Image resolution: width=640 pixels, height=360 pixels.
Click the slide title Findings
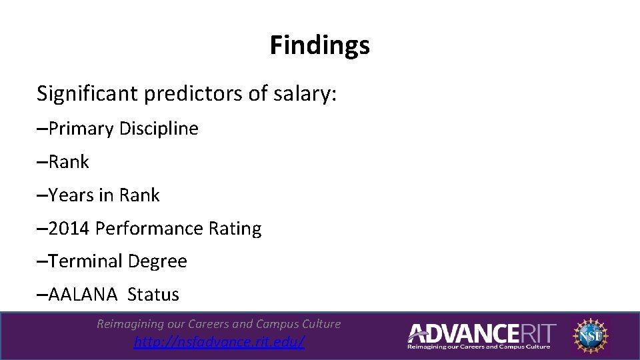[319, 46]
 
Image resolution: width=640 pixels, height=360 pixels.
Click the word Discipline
[159, 129]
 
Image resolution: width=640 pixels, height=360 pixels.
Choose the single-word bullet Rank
[69, 162]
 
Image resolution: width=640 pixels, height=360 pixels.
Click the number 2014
[69, 229]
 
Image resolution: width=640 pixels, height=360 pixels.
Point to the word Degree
[157, 261]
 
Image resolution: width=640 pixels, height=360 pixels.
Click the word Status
[153, 295]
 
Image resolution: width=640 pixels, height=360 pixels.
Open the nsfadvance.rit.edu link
[219, 343]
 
